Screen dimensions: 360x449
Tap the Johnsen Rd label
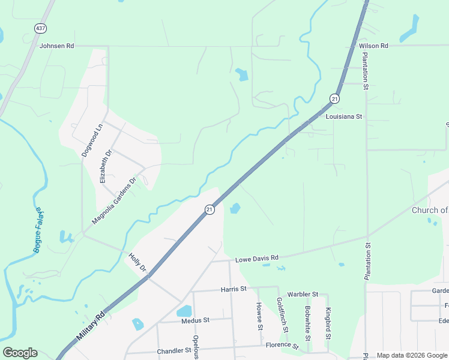(x=56, y=46)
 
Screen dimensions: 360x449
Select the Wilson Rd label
(x=373, y=46)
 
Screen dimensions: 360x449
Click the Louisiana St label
(x=345, y=116)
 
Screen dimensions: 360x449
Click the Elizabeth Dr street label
(x=106, y=166)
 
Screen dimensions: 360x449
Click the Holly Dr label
(x=137, y=262)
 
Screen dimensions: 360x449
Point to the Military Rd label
(x=91, y=327)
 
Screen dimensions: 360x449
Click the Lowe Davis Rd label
(x=257, y=258)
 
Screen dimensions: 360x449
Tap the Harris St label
(x=234, y=289)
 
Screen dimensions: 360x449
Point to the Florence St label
(x=282, y=346)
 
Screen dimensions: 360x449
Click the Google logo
(x=20, y=353)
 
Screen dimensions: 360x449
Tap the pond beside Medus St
(x=184, y=311)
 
